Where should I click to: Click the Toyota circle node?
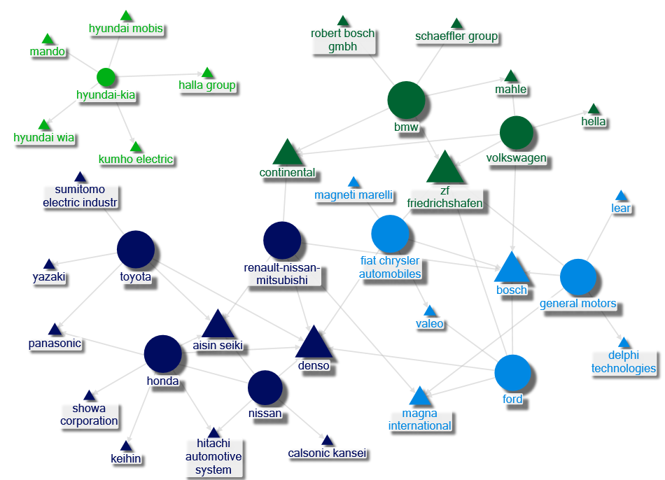coord(135,249)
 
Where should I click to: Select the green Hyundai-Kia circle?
coord(105,77)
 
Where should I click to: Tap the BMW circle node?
coord(406,99)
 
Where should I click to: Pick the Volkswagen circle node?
coord(517,133)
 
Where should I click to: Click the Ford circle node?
coord(513,372)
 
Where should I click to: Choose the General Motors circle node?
coord(577,277)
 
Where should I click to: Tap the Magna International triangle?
coord(419,397)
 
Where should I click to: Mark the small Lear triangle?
coord(621,195)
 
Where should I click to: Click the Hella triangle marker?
coord(594,109)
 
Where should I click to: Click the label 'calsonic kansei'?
coord(327,453)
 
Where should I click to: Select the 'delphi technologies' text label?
coord(624,362)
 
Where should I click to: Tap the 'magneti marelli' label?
coord(353,195)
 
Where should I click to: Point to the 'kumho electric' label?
coord(136,159)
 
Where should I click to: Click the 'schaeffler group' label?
coord(456,36)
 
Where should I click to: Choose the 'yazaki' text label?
coord(49,277)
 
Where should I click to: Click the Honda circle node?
coord(163,354)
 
